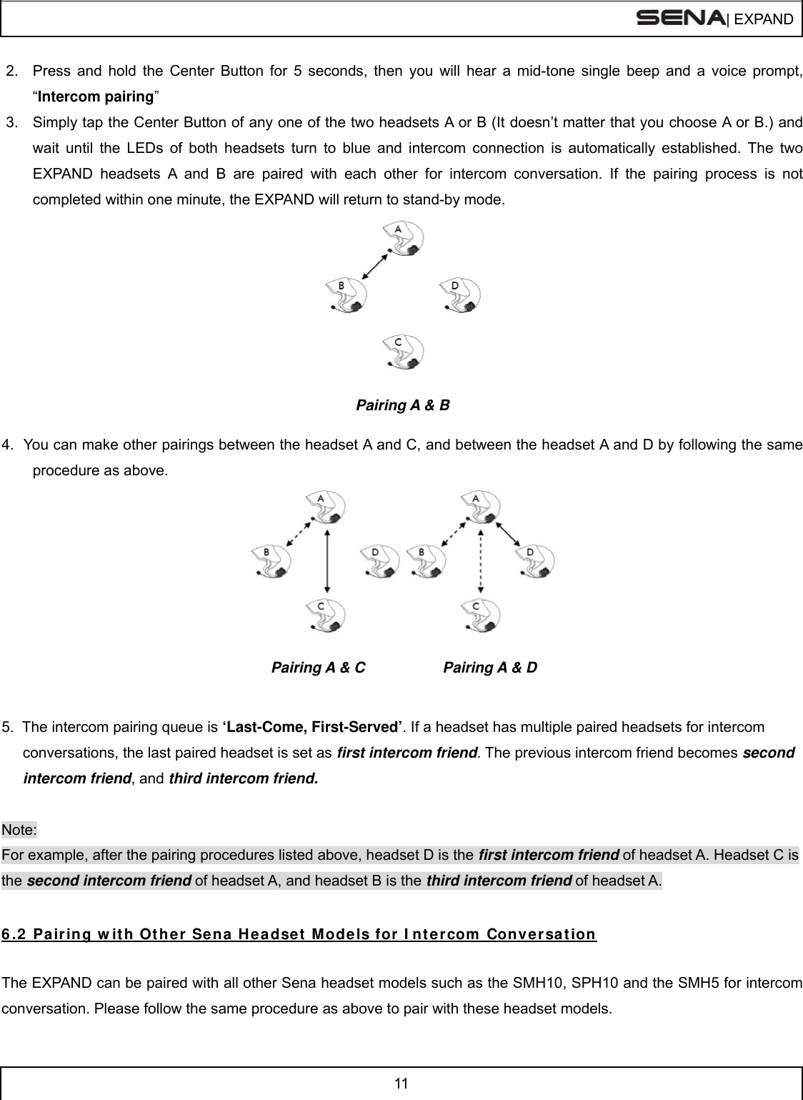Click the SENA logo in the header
pyautogui.click(x=679, y=17)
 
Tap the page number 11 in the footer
pyautogui.click(x=401, y=1083)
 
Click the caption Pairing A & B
pyautogui.click(x=402, y=405)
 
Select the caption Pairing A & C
pyautogui.click(x=318, y=668)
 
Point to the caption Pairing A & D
pyautogui.click(x=490, y=668)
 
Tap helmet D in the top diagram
pyautogui.click(x=461, y=294)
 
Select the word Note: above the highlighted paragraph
pyautogui.click(x=20, y=830)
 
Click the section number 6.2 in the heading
pyautogui.click(x=14, y=934)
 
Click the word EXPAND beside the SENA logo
pyautogui.click(x=763, y=19)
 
